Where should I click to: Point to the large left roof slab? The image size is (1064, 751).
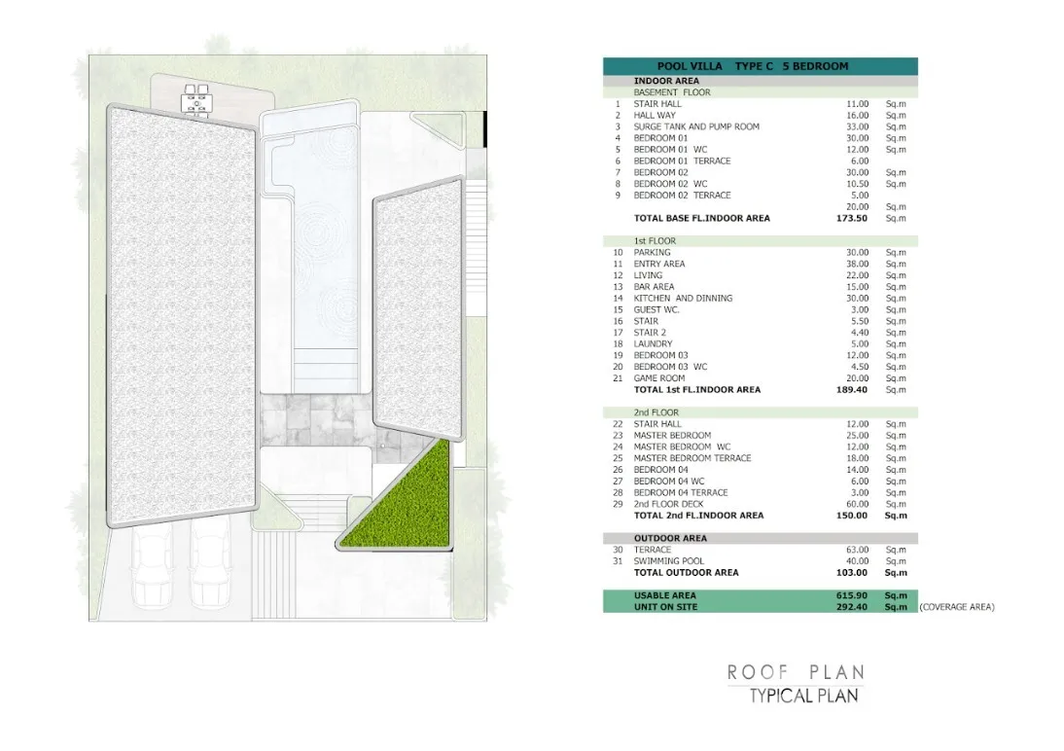tap(182, 316)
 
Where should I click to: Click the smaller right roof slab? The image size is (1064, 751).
tap(418, 309)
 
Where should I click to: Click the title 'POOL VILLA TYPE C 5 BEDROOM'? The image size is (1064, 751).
tap(753, 66)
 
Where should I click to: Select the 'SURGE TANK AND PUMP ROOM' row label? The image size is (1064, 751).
tap(696, 127)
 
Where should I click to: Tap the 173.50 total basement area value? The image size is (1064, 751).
tap(852, 219)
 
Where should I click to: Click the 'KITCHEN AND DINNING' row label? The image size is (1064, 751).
tap(683, 298)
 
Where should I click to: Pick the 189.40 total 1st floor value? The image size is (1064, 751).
tap(852, 390)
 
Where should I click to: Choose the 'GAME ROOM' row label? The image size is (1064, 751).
tap(658, 378)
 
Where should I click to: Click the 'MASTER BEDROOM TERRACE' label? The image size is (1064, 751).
tap(692, 458)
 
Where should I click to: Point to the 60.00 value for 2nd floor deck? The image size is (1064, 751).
tap(857, 504)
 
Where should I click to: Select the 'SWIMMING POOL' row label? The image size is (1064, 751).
tap(668, 561)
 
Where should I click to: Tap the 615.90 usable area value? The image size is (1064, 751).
tap(852, 595)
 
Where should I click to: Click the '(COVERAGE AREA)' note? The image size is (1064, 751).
tap(957, 607)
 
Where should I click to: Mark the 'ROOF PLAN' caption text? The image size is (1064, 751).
tap(796, 673)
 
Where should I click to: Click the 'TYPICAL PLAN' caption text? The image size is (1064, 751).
tap(804, 696)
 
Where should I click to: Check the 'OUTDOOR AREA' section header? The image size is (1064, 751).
tap(670, 539)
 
